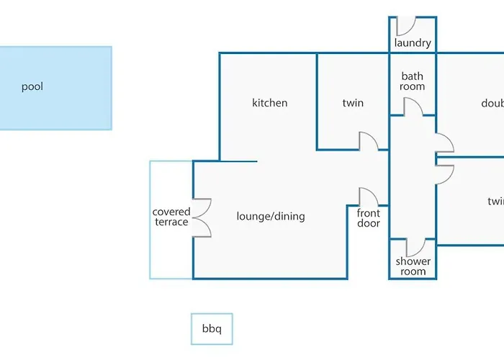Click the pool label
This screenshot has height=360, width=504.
(32, 87)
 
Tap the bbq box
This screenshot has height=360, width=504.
(212, 329)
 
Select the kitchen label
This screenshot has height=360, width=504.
(270, 103)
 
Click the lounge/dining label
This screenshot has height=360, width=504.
(271, 216)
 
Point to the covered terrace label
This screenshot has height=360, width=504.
(171, 217)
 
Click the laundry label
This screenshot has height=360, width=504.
(413, 43)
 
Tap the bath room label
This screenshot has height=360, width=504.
(413, 81)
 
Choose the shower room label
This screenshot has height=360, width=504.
(413, 266)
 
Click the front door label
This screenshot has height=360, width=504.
(369, 217)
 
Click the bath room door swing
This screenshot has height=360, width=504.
(413, 106)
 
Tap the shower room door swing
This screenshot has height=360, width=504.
(417, 247)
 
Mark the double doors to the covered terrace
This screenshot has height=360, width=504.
(203, 217)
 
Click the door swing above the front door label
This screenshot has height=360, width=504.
(369, 197)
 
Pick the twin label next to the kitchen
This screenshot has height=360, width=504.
(353, 103)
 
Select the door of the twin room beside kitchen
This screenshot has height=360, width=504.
(369, 140)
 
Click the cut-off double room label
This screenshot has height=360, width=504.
(492, 103)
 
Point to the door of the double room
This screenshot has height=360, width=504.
(444, 143)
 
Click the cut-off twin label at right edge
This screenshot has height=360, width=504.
(495, 202)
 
